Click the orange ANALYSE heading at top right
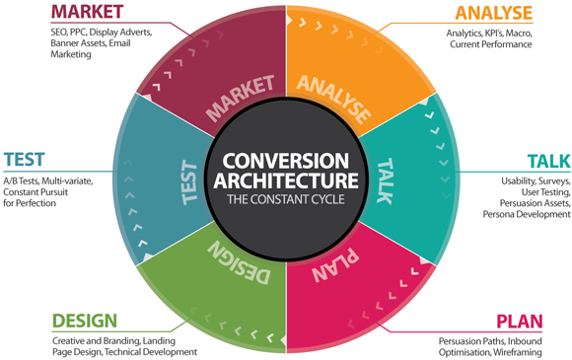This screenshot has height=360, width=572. [493, 14]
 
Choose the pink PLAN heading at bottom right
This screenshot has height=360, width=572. [533, 322]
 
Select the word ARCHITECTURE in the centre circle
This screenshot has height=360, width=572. [286, 181]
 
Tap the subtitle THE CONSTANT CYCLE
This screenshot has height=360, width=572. [286, 200]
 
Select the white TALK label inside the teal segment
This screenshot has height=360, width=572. [386, 178]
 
